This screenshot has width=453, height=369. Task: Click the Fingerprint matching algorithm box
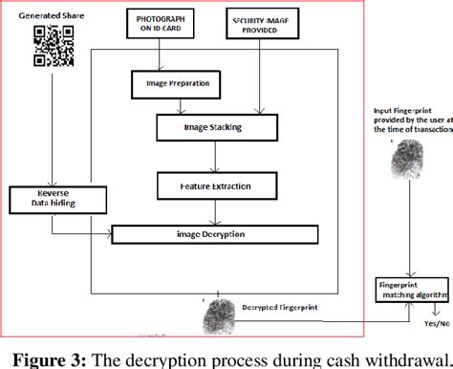coord(411,290)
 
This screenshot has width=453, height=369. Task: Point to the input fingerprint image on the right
coord(412,158)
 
